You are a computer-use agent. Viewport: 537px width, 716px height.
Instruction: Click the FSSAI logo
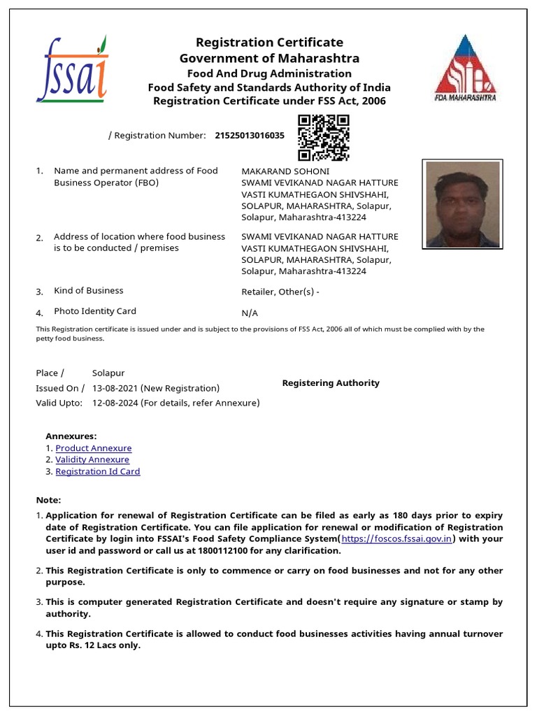(72, 69)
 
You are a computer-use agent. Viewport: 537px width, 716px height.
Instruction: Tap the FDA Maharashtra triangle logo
(465, 68)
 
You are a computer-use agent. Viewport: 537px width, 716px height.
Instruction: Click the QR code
(323, 138)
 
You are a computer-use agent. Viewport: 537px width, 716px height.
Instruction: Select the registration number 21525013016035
(250, 136)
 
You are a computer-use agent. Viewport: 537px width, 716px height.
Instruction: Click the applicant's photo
(461, 203)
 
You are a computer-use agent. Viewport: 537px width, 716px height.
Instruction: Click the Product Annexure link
(93, 448)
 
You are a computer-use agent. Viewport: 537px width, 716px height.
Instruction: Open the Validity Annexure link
(92, 460)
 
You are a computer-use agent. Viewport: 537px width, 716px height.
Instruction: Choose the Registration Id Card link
(98, 472)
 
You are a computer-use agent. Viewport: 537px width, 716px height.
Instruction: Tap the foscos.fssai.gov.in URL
(396, 539)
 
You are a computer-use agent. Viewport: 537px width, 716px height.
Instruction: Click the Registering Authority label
(330, 383)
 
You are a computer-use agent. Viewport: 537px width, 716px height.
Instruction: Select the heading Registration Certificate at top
(269, 43)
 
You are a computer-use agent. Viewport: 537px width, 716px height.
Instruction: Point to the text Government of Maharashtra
(269, 58)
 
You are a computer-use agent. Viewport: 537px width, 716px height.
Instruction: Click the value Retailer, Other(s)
(280, 292)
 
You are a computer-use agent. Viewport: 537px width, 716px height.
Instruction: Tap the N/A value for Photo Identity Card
(250, 313)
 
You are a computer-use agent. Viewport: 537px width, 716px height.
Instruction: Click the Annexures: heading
(71, 436)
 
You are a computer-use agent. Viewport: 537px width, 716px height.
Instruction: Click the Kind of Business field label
(88, 291)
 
